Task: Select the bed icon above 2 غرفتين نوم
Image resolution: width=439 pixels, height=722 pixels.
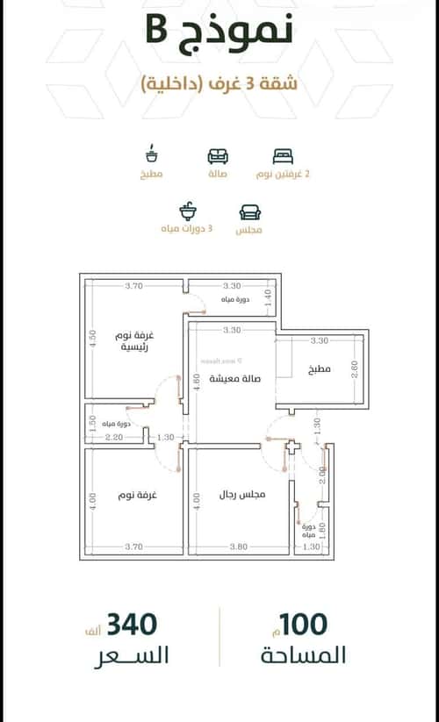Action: [282, 156]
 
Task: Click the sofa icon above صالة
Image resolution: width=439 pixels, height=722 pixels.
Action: [217, 156]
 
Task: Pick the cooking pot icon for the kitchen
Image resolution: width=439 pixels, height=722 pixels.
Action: [152, 155]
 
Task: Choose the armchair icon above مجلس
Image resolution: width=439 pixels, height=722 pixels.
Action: [249, 212]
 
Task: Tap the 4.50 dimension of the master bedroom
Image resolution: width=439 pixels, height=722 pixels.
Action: [91, 338]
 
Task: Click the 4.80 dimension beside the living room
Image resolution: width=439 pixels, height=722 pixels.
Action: [196, 382]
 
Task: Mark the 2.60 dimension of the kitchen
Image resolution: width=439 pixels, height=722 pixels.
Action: [354, 369]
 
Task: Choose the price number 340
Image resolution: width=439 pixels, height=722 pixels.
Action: [132, 625]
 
